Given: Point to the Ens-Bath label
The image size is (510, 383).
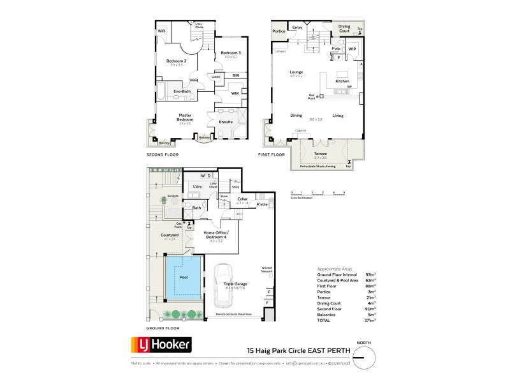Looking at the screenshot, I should [182, 91].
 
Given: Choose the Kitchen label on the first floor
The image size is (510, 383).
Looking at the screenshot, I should [342, 82].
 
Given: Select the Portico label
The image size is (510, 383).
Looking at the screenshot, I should [279, 31].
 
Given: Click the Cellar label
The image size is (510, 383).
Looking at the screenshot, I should [242, 199].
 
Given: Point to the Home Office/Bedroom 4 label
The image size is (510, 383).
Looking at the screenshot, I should [217, 234].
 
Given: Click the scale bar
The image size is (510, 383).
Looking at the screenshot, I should [317, 193].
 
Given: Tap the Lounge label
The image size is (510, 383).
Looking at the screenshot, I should [295, 72].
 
